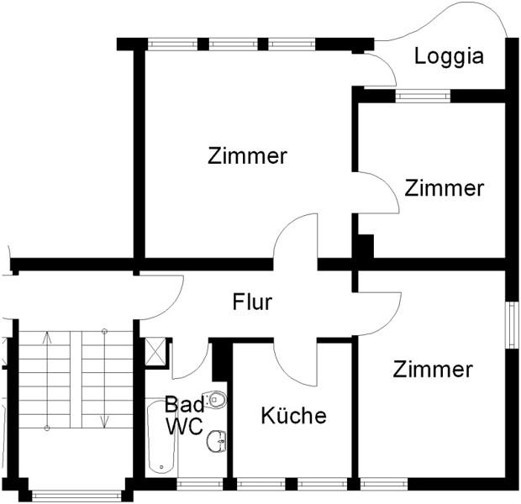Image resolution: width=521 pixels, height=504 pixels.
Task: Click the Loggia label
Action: pyautogui.click(x=450, y=56)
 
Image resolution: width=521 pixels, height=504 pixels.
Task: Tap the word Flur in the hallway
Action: pyautogui.click(x=252, y=302)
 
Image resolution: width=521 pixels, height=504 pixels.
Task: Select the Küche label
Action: pyautogui.click(x=292, y=415)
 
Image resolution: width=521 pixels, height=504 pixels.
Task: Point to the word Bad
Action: pyautogui.click(x=184, y=402)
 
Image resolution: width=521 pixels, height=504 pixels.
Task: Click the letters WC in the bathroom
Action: pyautogui.click(x=183, y=426)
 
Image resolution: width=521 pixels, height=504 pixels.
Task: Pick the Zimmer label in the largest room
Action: pyautogui.click(x=248, y=155)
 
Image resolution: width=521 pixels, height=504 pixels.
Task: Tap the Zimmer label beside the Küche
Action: pyautogui.click(x=433, y=370)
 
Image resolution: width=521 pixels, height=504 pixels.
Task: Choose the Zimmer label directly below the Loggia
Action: pyautogui.click(x=445, y=188)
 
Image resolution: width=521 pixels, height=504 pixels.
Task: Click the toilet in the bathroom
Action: pyautogui.click(x=216, y=400)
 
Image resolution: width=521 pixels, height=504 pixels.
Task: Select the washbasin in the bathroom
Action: pyautogui.click(x=218, y=438)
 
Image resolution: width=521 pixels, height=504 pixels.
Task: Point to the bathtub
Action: pyautogui.click(x=160, y=437)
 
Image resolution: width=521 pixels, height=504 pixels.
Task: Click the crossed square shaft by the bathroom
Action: pyautogui.click(x=155, y=349)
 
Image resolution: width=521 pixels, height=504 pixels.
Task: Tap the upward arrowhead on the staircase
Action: pyautogui.click(x=48, y=337)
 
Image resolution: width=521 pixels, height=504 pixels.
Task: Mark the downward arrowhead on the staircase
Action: pyautogui.click(x=103, y=421)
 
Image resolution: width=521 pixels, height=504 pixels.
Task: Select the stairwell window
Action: pyautogui.click(x=77, y=494)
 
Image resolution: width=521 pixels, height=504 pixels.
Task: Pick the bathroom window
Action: pyautogui.click(x=200, y=484)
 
